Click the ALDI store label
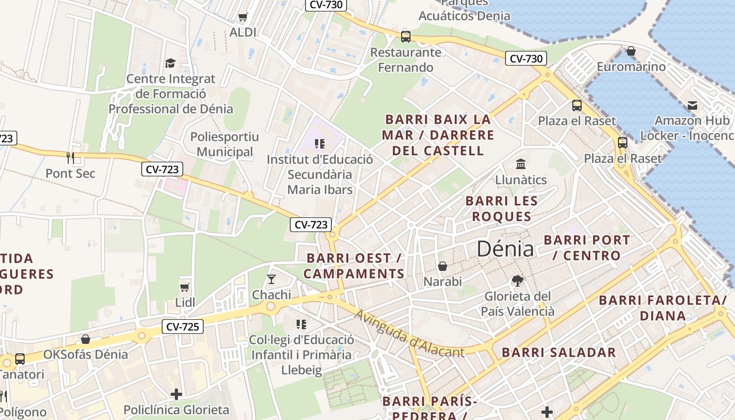[243, 32]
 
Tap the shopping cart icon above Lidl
[184, 287]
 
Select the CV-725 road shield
[182, 327]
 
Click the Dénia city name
[505, 249]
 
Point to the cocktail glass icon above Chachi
[271, 279]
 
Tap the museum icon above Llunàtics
[521, 164]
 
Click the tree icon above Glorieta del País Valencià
[518, 281]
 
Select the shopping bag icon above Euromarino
[631, 51]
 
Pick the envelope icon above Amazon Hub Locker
[692, 105]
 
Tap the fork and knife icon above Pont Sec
[70, 157]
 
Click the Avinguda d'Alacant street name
[409, 334]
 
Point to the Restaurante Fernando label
[406, 60]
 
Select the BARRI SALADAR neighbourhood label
[559, 352]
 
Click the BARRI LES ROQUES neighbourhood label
[501, 208]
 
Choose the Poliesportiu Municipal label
[224, 144]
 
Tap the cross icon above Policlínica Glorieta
[176, 394]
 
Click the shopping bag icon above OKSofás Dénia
[86, 339]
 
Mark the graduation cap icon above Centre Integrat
[170, 63]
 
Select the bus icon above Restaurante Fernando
[406, 37]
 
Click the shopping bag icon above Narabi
[443, 266]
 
